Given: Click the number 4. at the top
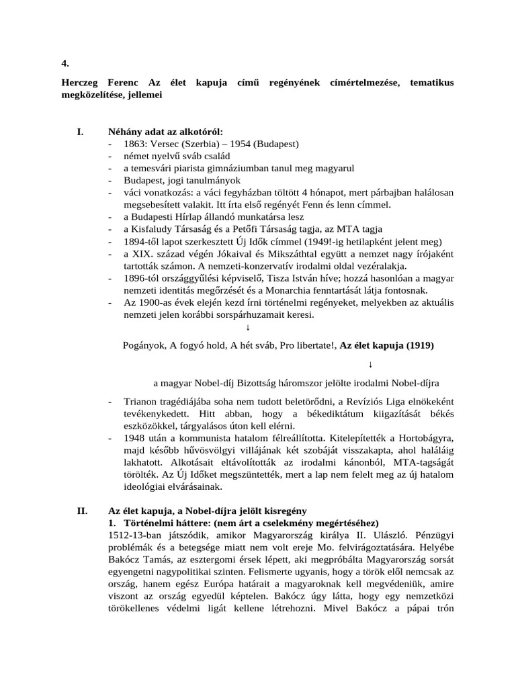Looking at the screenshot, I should click(65, 64).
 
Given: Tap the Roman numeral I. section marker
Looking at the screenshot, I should click(81, 132).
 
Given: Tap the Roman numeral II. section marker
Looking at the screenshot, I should click(81, 511).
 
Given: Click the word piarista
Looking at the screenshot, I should click(204, 169).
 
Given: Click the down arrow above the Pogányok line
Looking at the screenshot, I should click(248, 327).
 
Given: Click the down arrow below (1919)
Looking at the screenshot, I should click(371, 364).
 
